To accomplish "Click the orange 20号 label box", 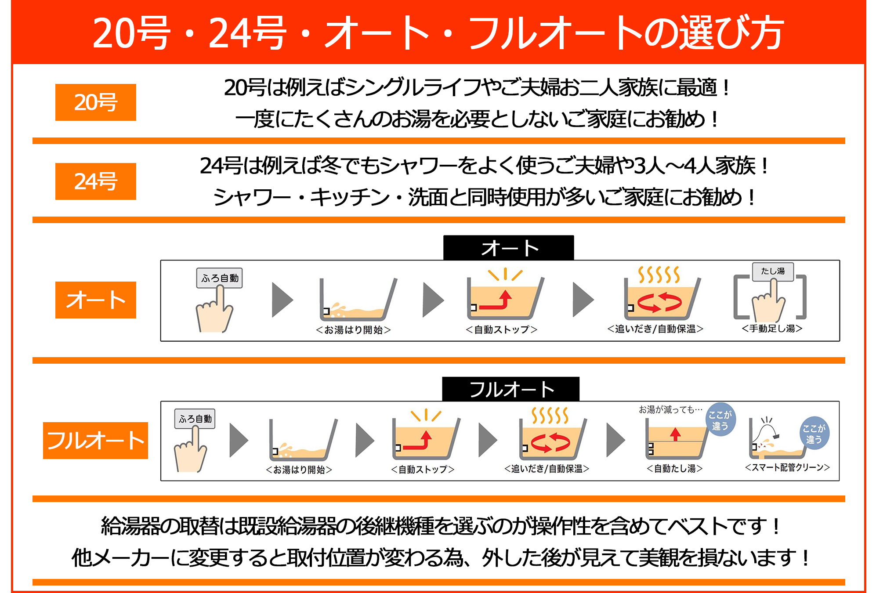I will coord(95,102).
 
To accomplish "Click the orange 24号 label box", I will coord(95,181).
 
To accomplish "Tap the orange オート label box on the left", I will coord(95,300).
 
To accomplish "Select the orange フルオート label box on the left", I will coord(95,441).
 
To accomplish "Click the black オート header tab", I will coord(508,248).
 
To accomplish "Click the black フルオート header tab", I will coord(510,389).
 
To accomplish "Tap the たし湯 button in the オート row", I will coord(772,271).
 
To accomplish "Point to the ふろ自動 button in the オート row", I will coord(219,278).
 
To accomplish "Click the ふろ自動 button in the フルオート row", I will coord(195,419).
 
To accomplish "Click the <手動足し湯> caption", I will coord(772,329).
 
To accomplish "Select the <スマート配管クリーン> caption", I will coord(787,467).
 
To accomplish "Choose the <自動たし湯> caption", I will coord(674,469).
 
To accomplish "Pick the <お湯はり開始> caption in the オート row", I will coord(353,330).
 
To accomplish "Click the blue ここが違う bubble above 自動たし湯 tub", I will coord(720,420).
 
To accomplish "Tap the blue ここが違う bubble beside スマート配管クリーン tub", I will coord(814,433).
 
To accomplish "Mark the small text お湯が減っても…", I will coord(670,409).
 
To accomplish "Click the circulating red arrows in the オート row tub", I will coord(659,302).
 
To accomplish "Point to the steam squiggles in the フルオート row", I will coord(550,415).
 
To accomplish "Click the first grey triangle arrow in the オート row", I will coord(282,300).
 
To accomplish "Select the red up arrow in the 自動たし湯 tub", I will coord(675,434).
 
